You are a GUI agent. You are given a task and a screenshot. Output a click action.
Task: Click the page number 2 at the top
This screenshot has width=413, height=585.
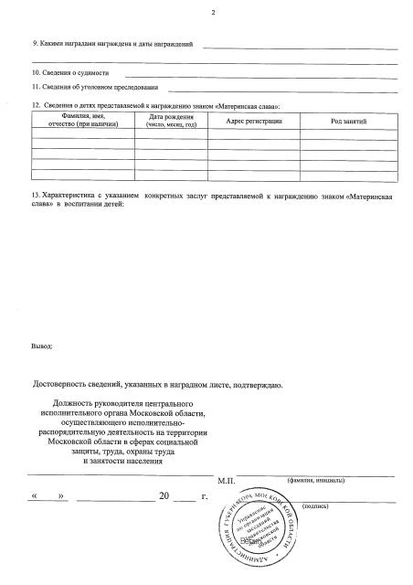(212, 12)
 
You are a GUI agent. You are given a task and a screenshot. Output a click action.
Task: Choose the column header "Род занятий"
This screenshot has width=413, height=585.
(347, 121)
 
